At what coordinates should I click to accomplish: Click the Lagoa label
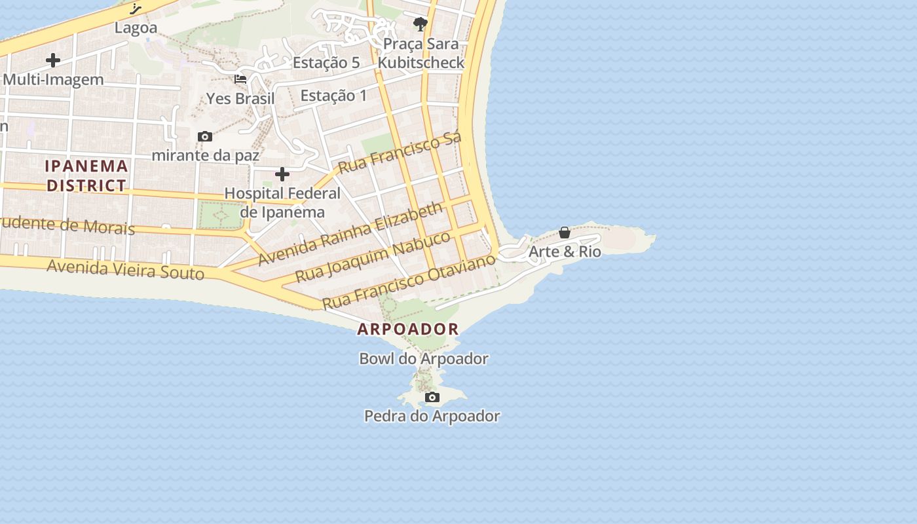click(136, 28)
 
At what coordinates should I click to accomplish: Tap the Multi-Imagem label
click(53, 80)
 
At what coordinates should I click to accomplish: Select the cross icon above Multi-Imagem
click(53, 60)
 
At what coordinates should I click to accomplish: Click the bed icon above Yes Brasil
click(240, 79)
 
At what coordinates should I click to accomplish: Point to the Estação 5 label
click(326, 63)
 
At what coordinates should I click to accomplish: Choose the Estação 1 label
click(333, 96)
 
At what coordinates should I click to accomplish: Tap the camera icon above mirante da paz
click(205, 136)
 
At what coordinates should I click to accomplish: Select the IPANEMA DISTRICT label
click(86, 176)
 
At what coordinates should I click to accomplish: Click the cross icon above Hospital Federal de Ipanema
click(282, 174)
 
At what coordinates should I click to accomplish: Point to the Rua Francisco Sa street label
click(400, 153)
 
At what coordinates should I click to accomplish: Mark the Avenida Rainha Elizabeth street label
click(350, 234)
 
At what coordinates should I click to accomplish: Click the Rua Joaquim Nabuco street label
click(373, 256)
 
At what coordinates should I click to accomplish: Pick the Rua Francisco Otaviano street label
click(409, 282)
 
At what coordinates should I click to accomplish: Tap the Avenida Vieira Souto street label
click(126, 269)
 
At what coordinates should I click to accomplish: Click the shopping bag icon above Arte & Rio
click(565, 233)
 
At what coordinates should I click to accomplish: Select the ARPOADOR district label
click(408, 329)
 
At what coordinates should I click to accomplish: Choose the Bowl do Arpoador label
click(424, 359)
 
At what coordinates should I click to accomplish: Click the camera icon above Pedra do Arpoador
click(432, 397)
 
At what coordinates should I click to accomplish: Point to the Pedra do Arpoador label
click(432, 416)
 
